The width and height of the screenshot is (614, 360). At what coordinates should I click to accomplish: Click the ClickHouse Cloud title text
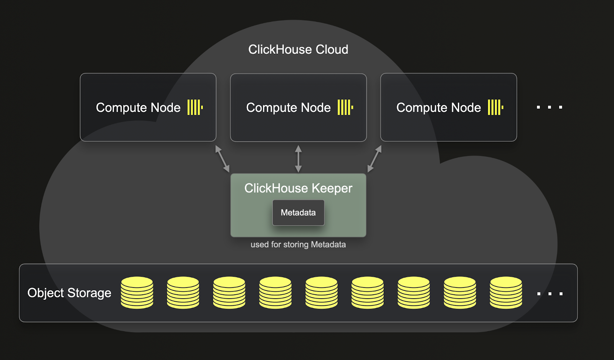pyautogui.click(x=298, y=50)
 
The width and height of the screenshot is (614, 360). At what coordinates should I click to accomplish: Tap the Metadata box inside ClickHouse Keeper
pyautogui.click(x=298, y=213)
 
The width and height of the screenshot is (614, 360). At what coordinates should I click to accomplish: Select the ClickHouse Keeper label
pyautogui.click(x=298, y=188)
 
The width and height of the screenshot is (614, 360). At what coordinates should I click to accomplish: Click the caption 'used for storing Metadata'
pyautogui.click(x=298, y=244)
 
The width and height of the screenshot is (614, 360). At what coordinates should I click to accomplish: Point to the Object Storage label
pyautogui.click(x=69, y=293)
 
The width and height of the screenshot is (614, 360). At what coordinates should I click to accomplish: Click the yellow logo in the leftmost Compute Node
pyautogui.click(x=195, y=107)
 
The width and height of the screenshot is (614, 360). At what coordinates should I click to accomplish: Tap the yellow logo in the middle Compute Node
pyautogui.click(x=345, y=107)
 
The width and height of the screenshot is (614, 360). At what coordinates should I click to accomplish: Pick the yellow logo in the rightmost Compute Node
pyautogui.click(x=495, y=107)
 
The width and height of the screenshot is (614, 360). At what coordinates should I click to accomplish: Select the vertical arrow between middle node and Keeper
pyautogui.click(x=298, y=159)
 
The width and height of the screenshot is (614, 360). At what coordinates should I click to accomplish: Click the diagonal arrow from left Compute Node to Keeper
pyautogui.click(x=222, y=159)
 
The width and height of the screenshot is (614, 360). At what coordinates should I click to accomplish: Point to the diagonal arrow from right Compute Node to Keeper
pyautogui.click(x=375, y=159)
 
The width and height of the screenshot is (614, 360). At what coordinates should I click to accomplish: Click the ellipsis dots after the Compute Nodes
pyautogui.click(x=550, y=107)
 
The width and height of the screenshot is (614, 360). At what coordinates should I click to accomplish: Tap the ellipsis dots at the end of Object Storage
pyautogui.click(x=550, y=294)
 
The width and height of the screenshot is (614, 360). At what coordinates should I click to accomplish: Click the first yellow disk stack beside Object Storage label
pyautogui.click(x=137, y=292)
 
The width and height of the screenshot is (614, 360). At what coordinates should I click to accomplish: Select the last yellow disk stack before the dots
pyautogui.click(x=506, y=292)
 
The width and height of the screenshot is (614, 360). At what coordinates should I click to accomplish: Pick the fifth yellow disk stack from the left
pyautogui.click(x=322, y=292)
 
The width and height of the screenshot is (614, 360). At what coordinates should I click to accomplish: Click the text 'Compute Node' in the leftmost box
pyautogui.click(x=138, y=107)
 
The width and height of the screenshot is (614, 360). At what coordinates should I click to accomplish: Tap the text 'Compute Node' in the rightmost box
pyautogui.click(x=438, y=107)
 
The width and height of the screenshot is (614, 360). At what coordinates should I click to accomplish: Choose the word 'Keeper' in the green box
pyautogui.click(x=332, y=188)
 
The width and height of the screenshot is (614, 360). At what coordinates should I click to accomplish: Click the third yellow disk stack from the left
pyautogui.click(x=229, y=292)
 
